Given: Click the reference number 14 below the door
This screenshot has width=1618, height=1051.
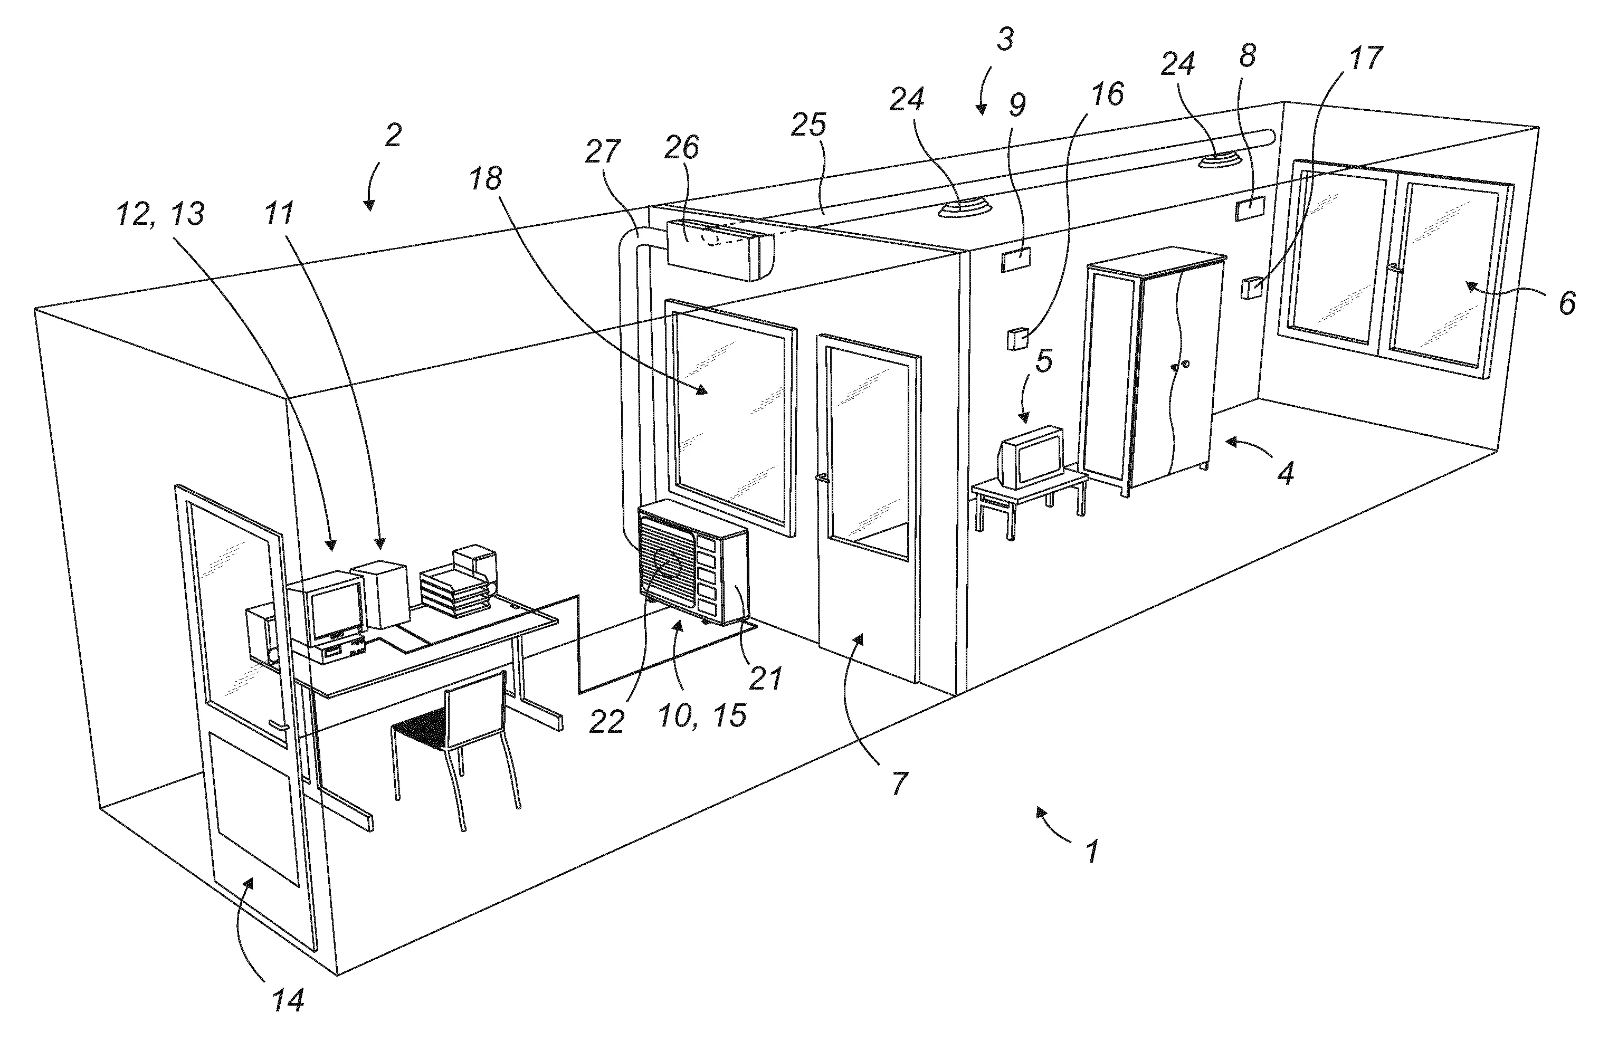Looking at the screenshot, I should coord(288,1000).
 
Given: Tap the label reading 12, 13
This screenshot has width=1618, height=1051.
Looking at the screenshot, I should coord(160,215).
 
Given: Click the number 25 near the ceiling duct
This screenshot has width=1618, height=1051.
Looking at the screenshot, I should coord(808,125).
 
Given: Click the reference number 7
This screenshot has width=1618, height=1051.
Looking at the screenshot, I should coord(899,784).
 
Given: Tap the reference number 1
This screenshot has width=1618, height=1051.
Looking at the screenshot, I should coord(1091,851).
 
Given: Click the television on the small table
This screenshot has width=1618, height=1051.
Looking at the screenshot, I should coord(1031,457).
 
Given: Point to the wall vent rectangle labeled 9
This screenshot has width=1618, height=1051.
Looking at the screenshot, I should coord(1016,260).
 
